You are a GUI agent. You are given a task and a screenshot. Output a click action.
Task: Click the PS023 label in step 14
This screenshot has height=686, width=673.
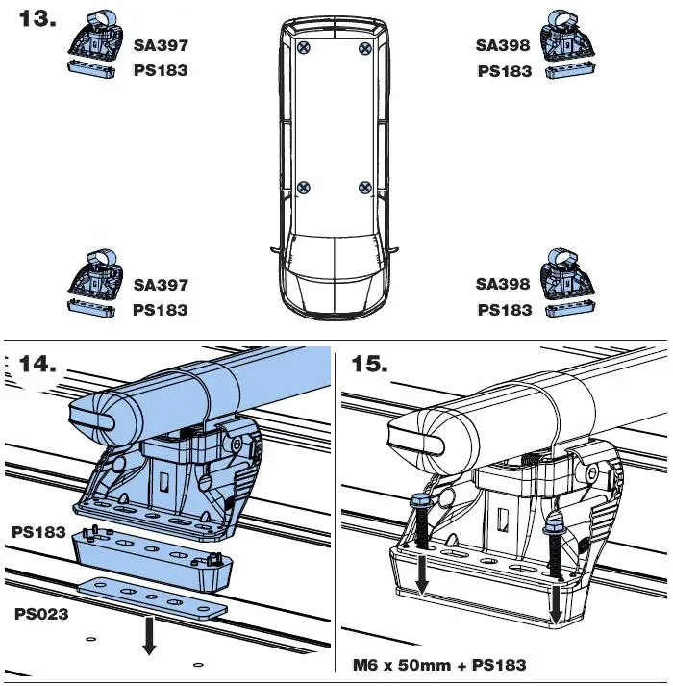(40, 613)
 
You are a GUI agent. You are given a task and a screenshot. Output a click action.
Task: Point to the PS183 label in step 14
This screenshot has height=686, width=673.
(38, 531)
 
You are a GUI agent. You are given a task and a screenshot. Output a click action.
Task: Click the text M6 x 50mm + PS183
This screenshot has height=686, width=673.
(438, 665)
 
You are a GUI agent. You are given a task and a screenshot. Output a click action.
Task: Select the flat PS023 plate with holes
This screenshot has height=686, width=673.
(154, 600)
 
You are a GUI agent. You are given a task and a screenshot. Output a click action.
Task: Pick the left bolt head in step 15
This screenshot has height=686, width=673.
(420, 502)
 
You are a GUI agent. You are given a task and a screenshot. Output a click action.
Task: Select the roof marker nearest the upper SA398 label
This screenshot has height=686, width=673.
(363, 47)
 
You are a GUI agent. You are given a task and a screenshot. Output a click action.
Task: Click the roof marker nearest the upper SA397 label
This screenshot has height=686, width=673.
(304, 47)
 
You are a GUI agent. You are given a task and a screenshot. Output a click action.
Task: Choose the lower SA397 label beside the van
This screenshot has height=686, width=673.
(161, 285)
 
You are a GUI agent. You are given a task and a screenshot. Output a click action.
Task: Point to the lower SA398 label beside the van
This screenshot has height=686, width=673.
(504, 285)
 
